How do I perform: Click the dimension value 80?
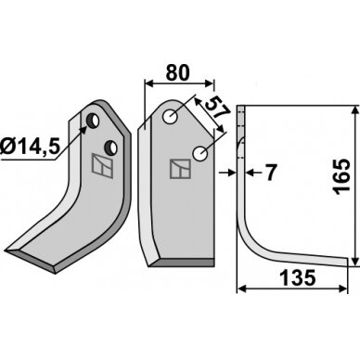point(177,73)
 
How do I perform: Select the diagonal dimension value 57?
point(216,109)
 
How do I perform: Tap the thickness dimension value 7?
point(270,173)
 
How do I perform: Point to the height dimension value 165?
point(341,177)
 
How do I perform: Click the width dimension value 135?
point(298,277)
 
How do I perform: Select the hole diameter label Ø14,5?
point(30,146)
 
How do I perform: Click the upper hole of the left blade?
point(93,121)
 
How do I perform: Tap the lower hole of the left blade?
point(110,148)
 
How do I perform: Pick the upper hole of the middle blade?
point(170,117)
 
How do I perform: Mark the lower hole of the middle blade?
point(200,153)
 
